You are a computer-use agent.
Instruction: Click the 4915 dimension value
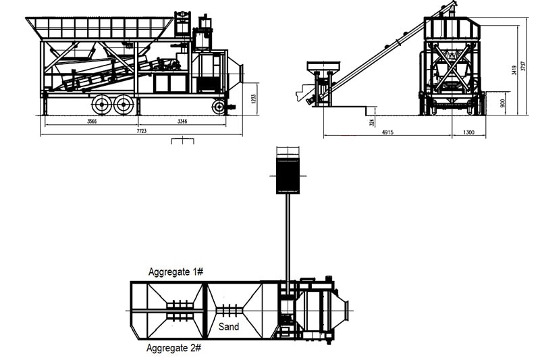(x=387, y=133)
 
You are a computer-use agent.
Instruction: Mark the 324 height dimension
(x=372, y=122)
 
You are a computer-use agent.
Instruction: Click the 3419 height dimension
(x=514, y=70)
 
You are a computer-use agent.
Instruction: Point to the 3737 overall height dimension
(x=523, y=64)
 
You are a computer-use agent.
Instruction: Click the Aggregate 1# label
(x=175, y=272)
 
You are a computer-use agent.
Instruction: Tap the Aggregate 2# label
(x=174, y=349)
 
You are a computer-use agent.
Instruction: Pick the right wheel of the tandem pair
(x=122, y=104)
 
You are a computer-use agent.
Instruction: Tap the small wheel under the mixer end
(x=219, y=107)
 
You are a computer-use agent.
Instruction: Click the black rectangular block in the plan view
(x=288, y=175)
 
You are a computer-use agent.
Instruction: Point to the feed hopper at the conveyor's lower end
(x=323, y=67)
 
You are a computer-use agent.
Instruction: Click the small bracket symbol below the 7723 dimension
(x=182, y=141)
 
